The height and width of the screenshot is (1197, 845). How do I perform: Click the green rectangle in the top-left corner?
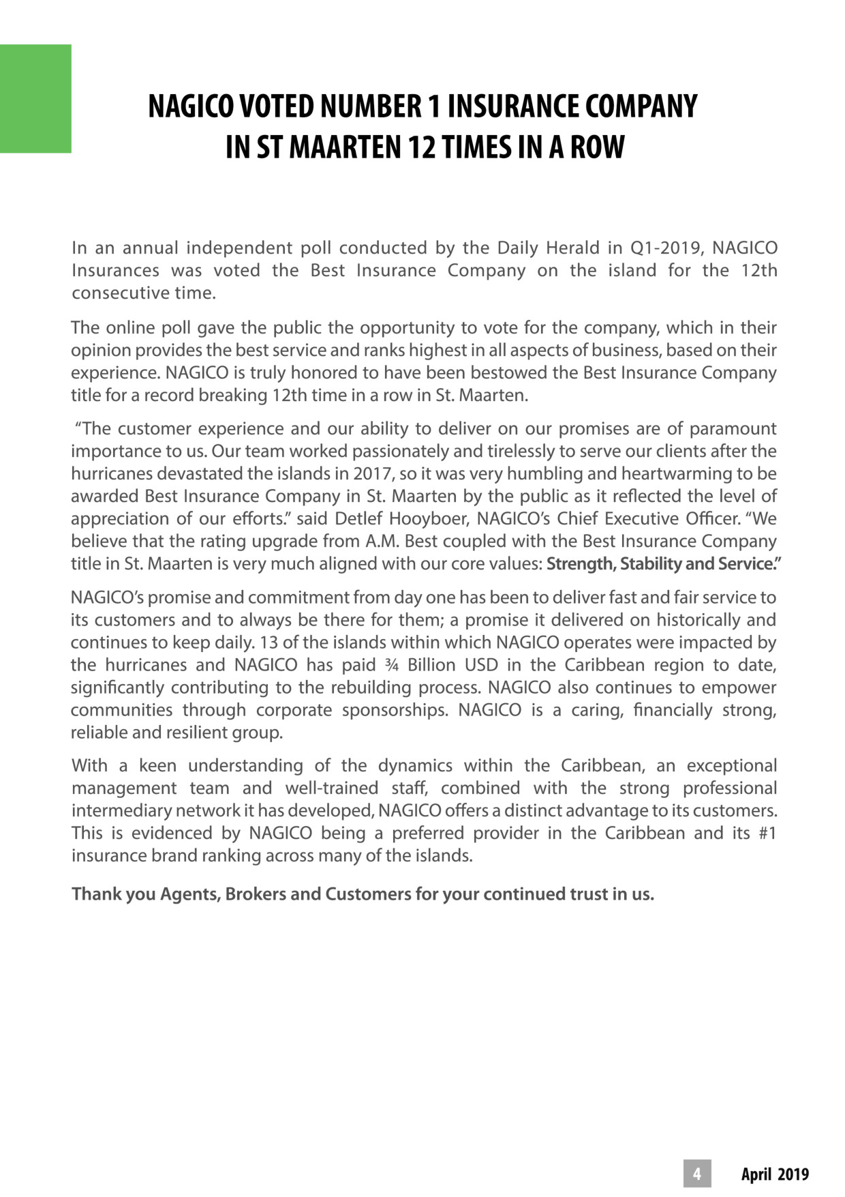(x=35, y=99)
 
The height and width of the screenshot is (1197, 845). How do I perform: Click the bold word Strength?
(x=580, y=564)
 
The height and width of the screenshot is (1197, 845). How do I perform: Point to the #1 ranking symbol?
(x=767, y=833)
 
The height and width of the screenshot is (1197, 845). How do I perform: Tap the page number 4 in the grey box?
(x=697, y=1174)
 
